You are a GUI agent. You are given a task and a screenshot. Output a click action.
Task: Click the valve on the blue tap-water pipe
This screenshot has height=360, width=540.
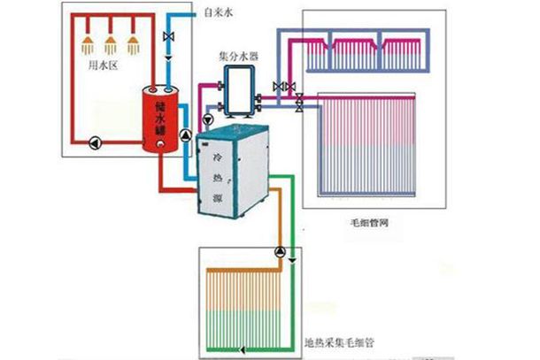coord(168,37)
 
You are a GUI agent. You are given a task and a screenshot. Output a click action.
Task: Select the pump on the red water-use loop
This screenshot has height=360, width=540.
coord(91,139)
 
